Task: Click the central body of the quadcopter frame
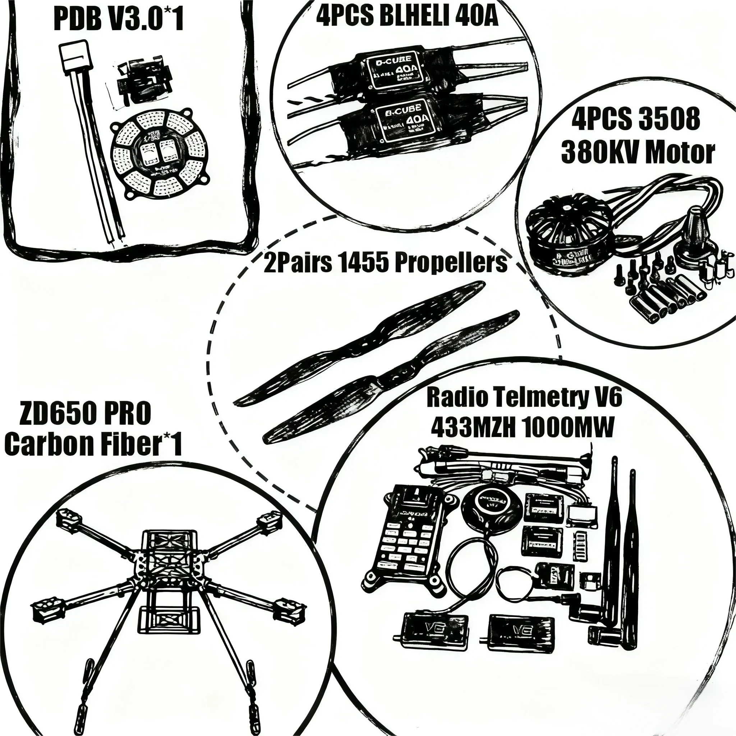[x=170, y=564]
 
